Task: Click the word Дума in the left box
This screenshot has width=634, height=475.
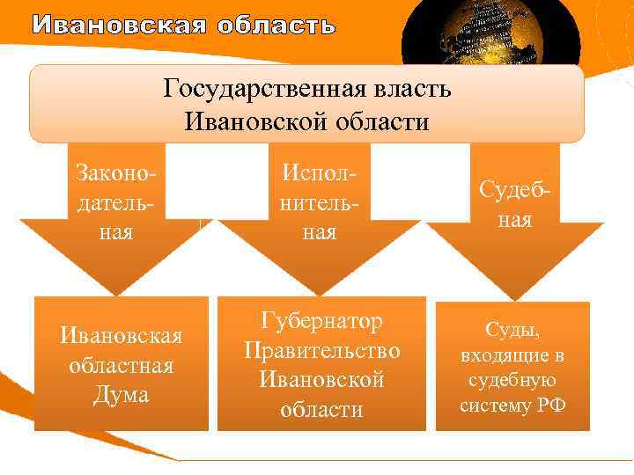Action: (x=121, y=395)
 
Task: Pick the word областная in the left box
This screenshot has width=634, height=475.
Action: (x=121, y=365)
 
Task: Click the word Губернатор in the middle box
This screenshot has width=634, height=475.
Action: (x=322, y=321)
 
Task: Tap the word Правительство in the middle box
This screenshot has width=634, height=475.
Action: (x=322, y=350)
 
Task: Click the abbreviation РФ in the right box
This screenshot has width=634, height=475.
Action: (x=552, y=406)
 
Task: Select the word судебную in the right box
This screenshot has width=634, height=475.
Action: (x=512, y=380)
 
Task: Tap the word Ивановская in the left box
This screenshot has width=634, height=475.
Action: (x=121, y=335)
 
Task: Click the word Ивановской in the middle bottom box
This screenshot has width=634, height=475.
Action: (x=322, y=380)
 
